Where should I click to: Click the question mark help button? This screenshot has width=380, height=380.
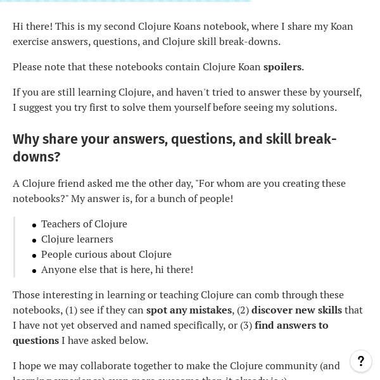click(x=361, y=361)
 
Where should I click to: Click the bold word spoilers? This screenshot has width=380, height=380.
click(x=282, y=67)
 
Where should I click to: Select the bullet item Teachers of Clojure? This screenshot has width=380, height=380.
click(x=84, y=224)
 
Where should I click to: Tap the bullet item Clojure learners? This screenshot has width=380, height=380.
click(x=77, y=239)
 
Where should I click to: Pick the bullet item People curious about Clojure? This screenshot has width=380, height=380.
click(x=106, y=255)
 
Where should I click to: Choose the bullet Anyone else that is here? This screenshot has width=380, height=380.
click(x=117, y=270)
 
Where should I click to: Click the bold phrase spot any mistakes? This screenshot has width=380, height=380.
click(x=189, y=310)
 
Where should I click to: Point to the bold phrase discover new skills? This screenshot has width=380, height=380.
click(x=296, y=310)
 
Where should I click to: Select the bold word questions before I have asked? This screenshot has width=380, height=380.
click(x=35, y=341)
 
